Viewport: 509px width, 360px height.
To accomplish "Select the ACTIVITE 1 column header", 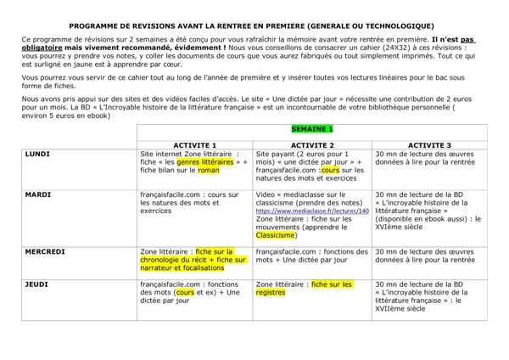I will pos(196,144).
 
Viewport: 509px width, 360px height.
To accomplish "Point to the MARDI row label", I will pos(38,194).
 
